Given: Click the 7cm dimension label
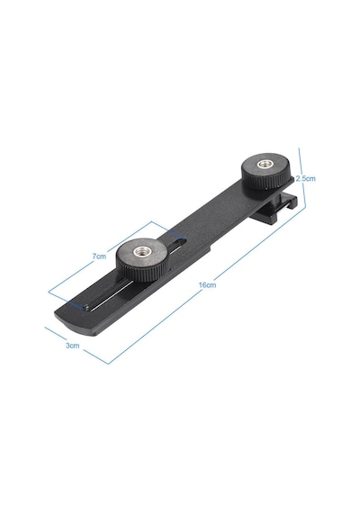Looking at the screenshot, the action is pyautogui.click(x=99, y=256).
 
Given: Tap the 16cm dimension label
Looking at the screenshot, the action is pyautogui.click(x=208, y=284).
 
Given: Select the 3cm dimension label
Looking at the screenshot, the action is pyautogui.click(x=72, y=346).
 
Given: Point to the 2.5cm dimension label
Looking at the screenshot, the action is pyautogui.click(x=306, y=178).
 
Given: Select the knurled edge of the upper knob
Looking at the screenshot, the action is pyautogui.click(x=265, y=182).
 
